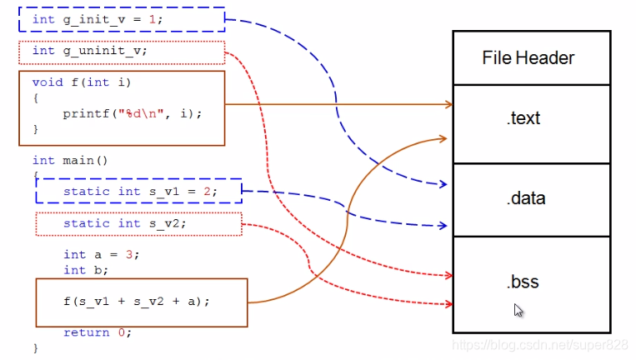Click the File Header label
pos(528,57)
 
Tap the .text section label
pos(523,118)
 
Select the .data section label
pos(524,198)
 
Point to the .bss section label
pos(523,282)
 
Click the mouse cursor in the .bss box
pos(518,310)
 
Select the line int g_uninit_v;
pos(89,51)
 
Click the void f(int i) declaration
pos(82,82)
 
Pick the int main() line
pos(70,160)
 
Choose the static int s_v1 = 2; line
pos(139,192)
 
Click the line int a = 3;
pos(101,254)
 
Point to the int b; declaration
pos(86,270)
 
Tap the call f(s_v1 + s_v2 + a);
pos(136,301)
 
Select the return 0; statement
pos(98,332)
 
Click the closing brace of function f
pos(36,129)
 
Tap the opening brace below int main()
pos(36,175)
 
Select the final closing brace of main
pos(36,347)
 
